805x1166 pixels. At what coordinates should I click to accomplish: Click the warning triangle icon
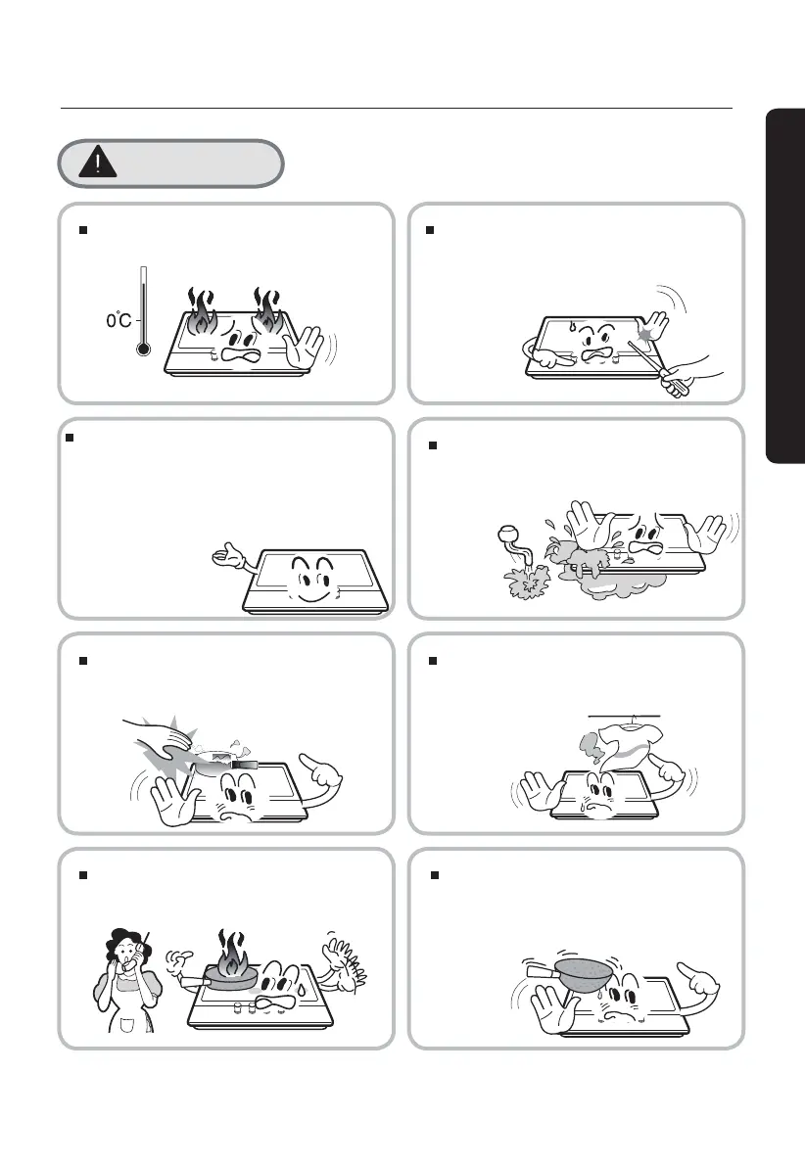pos(98,163)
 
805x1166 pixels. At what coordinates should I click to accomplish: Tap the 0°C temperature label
pos(118,320)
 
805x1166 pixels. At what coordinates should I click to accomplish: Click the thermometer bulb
pos(144,348)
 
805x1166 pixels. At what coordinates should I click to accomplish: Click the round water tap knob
pos(508,534)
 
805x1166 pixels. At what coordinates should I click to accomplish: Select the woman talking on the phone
pos(124,980)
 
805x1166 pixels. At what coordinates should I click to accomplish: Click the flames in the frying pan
pos(231,954)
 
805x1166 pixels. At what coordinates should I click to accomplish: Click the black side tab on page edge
pos(784,286)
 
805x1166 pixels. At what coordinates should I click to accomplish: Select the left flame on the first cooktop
pos(201,313)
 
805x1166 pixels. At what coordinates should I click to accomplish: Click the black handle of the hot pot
pos(244,764)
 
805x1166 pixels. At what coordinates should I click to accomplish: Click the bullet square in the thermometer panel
pos(83,230)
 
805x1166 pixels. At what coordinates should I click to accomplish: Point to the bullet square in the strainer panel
pos(435,876)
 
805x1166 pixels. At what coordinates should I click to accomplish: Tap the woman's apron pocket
pos(127,1026)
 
